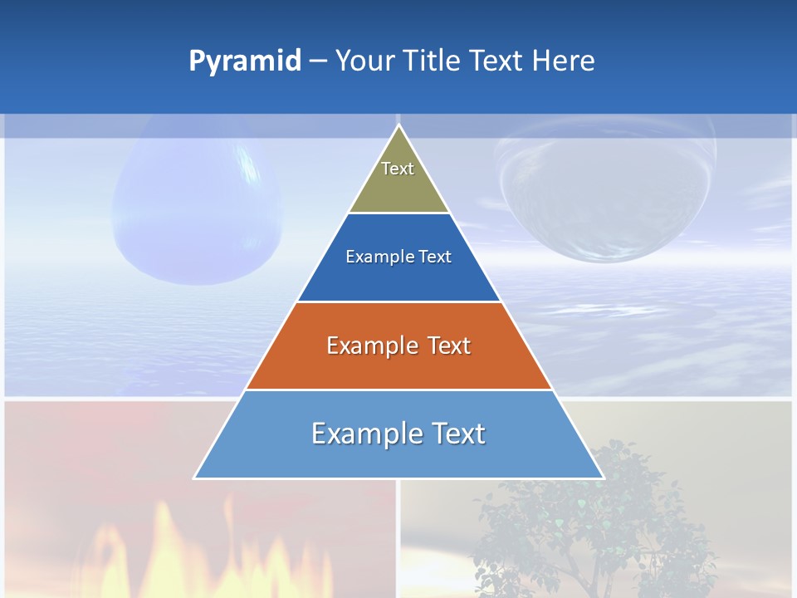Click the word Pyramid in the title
click(x=245, y=61)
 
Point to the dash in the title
click(x=318, y=61)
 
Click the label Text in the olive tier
click(x=398, y=169)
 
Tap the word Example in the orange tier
click(x=370, y=346)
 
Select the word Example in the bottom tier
click(x=363, y=434)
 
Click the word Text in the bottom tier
click(x=456, y=434)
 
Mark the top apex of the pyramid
click(x=398, y=125)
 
